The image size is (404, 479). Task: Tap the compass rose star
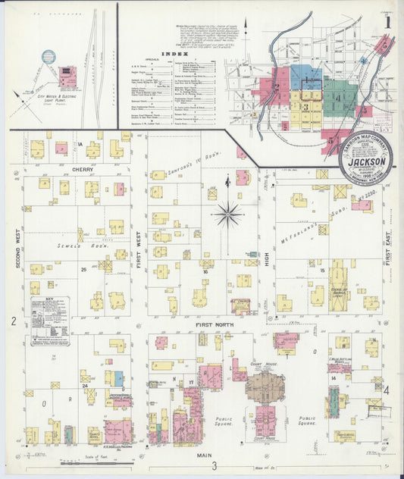point(227,214)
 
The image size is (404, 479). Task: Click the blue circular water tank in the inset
point(49,57)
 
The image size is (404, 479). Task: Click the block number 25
point(82,269)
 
